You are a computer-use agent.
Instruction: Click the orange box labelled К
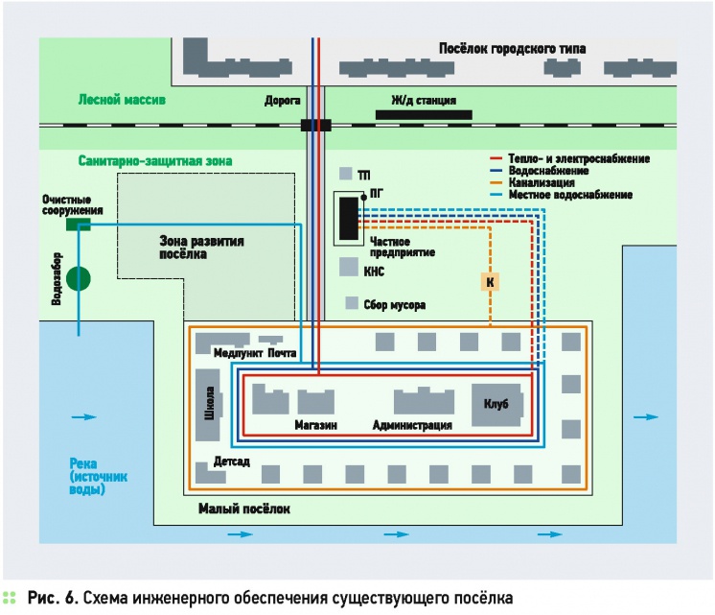pos(490,281)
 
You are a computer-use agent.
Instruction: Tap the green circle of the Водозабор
pos(78,279)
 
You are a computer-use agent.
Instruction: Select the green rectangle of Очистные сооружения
pos(77,225)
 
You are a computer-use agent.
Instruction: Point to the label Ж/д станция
pos(422,100)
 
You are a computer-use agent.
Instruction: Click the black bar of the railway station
pos(423,114)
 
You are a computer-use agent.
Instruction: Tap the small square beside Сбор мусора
pos(352,303)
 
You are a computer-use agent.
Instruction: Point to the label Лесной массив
pos(122,100)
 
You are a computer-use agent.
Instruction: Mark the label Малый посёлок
pos(243,509)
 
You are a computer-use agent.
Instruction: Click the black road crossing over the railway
pos(314,125)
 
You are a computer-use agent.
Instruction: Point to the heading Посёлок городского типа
pos(512,49)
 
